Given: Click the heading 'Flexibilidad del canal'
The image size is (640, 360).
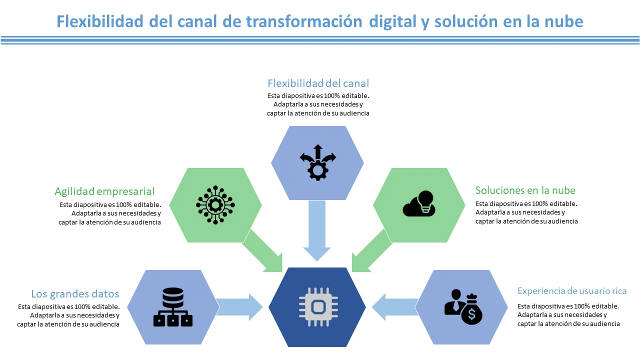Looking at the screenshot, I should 318,83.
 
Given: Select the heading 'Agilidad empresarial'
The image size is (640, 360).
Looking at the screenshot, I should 104,191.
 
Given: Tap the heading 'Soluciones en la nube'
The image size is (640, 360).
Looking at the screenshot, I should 525,190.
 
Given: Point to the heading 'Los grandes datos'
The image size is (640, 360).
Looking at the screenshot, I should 75,293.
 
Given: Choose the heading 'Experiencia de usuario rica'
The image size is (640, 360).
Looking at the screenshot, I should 572,291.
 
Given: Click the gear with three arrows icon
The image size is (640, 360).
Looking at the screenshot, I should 317,162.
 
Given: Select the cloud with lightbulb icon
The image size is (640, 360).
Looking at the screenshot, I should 419,203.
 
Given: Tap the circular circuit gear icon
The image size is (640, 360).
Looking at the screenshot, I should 215,204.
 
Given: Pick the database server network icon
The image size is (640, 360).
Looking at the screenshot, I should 173,307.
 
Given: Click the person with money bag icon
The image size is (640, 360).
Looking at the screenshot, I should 463,306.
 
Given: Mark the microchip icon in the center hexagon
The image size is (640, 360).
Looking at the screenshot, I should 318,304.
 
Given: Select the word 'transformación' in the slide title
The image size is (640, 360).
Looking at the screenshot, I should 304,21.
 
